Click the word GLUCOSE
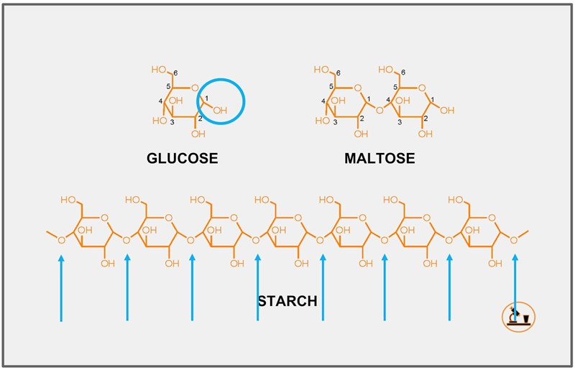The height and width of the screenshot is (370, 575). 182,158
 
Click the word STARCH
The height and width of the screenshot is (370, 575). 287,301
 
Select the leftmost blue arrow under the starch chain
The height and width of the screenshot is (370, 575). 61,287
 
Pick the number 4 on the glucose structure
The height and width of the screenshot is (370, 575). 160,101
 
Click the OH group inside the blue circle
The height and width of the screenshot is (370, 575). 220,111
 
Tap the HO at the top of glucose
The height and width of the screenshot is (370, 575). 159,70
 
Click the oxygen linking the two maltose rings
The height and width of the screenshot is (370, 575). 379,110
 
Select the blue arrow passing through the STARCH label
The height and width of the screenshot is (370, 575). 257,287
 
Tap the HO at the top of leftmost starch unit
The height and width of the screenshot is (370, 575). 69,199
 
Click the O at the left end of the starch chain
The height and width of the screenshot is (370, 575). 61,240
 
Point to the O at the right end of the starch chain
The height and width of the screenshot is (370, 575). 514,240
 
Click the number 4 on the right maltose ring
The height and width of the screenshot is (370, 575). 388,100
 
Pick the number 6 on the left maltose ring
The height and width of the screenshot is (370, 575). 339,73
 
